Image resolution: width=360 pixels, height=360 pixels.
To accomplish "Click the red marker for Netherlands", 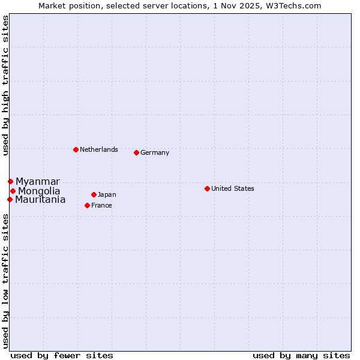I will (76, 149).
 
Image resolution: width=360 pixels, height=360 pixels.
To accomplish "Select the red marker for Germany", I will (136, 152).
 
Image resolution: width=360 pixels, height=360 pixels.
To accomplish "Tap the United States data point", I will (207, 188).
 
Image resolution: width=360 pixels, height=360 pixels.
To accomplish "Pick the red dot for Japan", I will (94, 194).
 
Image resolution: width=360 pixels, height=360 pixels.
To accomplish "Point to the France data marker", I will (87, 205).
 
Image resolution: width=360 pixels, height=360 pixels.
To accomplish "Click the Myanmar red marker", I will (10, 181).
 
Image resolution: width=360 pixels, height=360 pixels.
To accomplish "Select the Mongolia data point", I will (13, 191).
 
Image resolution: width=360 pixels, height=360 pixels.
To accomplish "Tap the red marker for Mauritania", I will (10, 199).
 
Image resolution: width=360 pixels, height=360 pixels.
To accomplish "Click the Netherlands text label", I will (99, 149).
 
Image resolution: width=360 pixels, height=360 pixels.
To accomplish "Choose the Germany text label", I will (155, 152).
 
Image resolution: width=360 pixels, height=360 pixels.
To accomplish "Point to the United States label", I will (233, 188).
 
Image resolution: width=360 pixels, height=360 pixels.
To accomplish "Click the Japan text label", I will (107, 194).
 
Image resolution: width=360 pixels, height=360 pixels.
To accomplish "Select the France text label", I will (101, 205).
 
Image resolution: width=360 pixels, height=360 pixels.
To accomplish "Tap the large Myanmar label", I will (38, 181).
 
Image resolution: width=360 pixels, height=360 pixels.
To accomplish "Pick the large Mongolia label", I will (39, 191).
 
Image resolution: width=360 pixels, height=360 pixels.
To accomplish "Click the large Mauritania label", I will (40, 200).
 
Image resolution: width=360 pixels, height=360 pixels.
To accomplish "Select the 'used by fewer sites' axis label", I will (62, 355).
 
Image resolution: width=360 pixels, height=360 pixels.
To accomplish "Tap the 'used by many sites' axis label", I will (301, 355).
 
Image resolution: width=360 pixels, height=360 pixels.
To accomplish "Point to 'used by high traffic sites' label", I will (5, 86).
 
